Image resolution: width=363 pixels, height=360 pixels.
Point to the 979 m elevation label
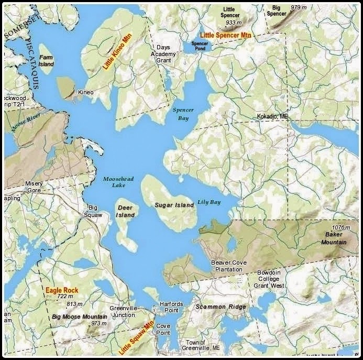298,7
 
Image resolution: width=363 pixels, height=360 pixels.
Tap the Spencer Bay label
183,114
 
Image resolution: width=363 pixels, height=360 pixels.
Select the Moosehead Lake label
118,182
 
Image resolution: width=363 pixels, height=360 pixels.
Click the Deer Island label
125,211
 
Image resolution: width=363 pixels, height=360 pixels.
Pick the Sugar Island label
174,205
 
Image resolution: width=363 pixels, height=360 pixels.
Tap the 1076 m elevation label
340,227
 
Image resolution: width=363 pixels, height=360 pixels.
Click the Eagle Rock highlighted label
61,290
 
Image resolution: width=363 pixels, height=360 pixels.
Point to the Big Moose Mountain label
80,317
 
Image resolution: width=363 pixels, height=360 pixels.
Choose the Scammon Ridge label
221,307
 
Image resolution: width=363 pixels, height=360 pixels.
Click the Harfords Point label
171,308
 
